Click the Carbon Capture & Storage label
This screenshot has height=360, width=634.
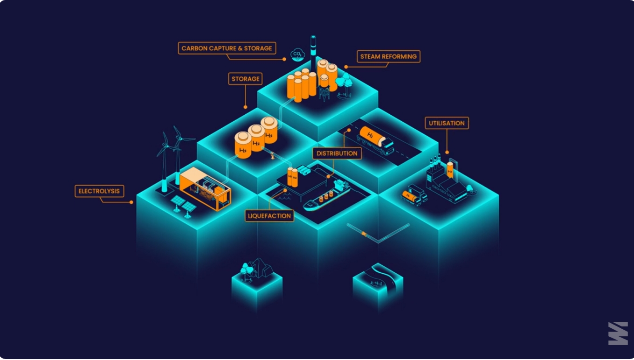pos(227,48)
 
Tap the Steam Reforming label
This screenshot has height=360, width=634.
pos(388,56)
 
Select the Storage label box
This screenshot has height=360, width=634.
pos(245,79)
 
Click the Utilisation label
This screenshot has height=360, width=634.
pos(447,123)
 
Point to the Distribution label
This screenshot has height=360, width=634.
pos(337,153)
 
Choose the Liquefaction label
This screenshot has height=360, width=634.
pos(269,216)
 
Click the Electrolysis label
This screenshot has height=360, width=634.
pos(99,191)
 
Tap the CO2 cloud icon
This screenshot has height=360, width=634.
pos(297,55)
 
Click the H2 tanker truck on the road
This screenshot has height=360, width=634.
pos(375,140)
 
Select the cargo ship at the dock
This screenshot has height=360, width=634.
pos(327,195)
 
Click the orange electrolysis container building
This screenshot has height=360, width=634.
pos(206,189)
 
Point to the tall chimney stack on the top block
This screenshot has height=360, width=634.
pos(313,55)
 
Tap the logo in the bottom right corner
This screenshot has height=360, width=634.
pos(618,333)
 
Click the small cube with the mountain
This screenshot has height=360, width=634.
pos(257,283)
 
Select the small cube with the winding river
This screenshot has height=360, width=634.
pos(378,286)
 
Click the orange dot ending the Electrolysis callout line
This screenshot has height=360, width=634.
pos(131,202)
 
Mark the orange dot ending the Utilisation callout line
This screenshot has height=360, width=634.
pos(447,152)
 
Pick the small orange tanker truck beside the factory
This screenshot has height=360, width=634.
pos(414,195)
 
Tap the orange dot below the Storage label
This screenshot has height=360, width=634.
pos(245,107)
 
